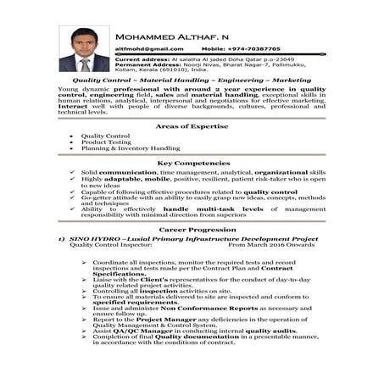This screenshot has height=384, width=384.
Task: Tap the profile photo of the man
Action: [84, 48]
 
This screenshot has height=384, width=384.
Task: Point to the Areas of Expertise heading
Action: [192, 125]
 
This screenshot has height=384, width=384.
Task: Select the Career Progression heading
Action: [192, 229]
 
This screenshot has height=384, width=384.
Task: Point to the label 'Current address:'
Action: [147, 60]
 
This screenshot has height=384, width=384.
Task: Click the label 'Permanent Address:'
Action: [152, 66]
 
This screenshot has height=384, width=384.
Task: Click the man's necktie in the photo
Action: [85, 64]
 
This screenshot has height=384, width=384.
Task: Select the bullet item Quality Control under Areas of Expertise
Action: [105, 136]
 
